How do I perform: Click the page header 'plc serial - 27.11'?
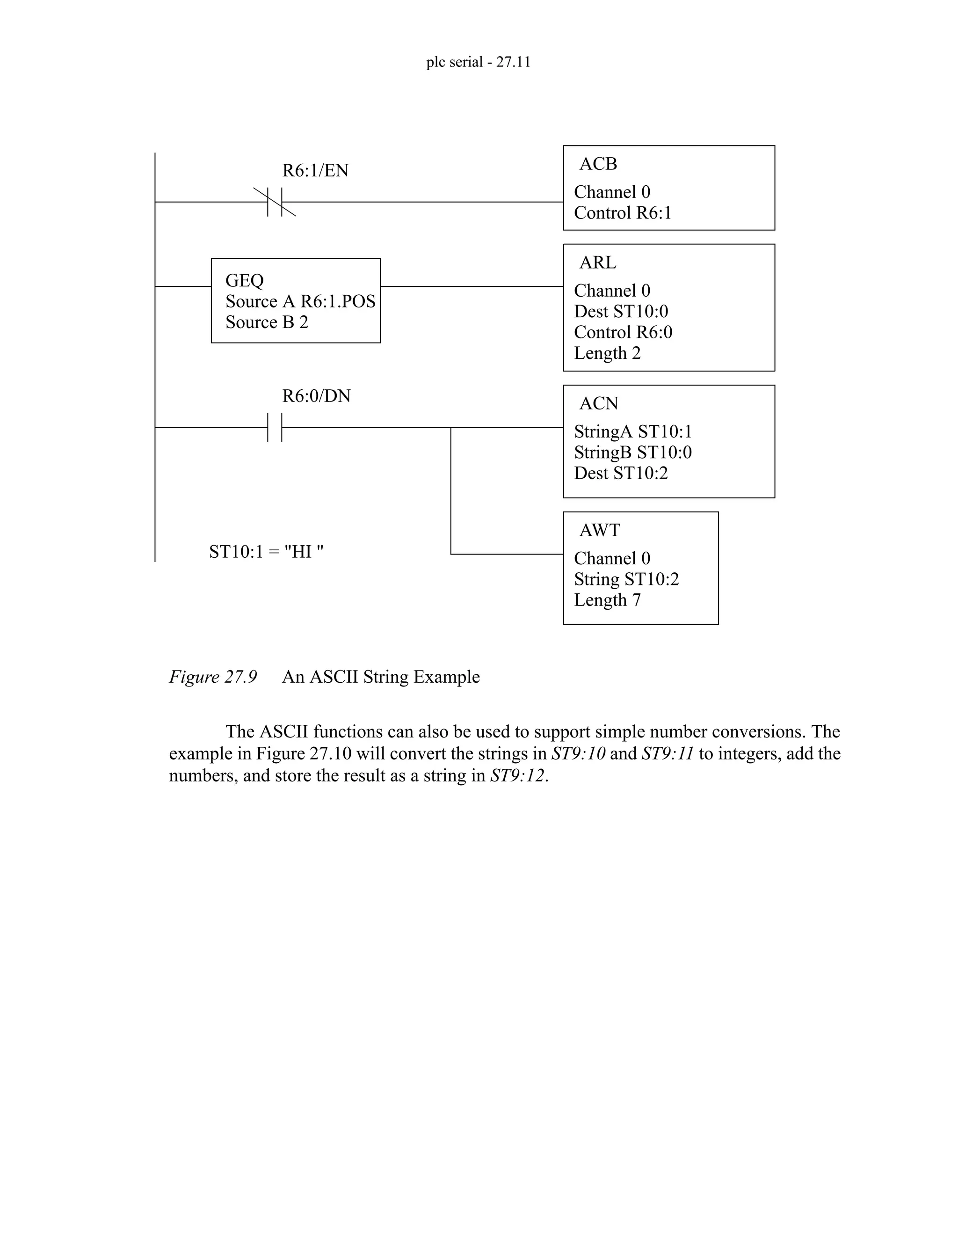(479, 62)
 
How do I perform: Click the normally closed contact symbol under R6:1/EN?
(275, 202)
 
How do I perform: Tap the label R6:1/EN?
(316, 170)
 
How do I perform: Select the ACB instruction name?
(598, 163)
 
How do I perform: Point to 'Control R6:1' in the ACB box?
(623, 213)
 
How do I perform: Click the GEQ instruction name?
(245, 280)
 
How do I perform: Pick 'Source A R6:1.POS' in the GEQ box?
(300, 301)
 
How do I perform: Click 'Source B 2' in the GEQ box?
(267, 322)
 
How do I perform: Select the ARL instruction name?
(598, 263)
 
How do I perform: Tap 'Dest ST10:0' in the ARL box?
(621, 312)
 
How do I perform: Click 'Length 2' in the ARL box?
(607, 353)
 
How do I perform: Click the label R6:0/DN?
(317, 396)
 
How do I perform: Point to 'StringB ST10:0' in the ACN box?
(633, 452)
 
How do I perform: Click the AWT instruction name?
(600, 530)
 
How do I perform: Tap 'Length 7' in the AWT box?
(607, 600)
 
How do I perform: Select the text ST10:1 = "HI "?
(266, 551)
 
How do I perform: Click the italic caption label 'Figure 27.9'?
(213, 677)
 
